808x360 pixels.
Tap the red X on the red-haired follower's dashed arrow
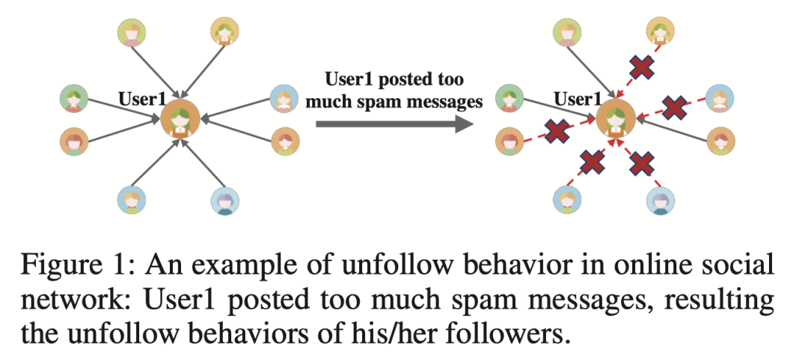557,132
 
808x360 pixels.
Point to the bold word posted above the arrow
397,79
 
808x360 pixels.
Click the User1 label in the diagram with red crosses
578,98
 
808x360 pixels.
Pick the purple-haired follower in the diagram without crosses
224,201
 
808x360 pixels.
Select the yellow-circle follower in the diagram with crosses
660,31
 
